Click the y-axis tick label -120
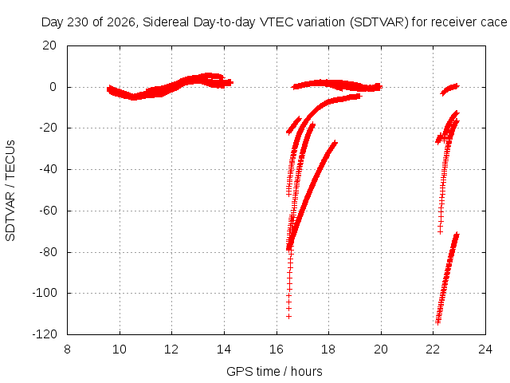(x=45, y=334)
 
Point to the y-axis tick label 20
(x=49, y=45)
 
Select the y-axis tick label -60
(x=48, y=211)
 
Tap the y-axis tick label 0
(x=53, y=87)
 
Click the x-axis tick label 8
(x=67, y=349)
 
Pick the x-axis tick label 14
(x=224, y=349)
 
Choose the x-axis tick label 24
(x=485, y=349)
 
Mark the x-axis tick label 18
(x=328, y=349)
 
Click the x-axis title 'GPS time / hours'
(x=274, y=371)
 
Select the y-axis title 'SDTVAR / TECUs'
(x=10, y=191)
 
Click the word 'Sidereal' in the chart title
(x=166, y=22)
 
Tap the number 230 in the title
(x=78, y=22)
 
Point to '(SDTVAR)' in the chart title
(x=379, y=22)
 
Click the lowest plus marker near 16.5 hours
(x=288, y=316)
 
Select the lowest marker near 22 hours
(x=437, y=322)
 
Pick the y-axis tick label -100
(x=45, y=293)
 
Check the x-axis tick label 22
(x=433, y=349)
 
